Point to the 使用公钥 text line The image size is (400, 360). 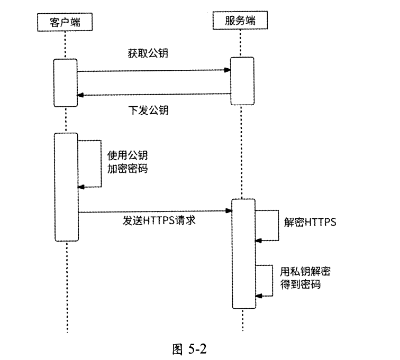click(128, 155)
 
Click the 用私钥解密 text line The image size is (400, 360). click(305, 272)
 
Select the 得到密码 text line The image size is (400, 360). click(301, 284)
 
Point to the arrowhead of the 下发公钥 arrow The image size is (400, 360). click(80, 95)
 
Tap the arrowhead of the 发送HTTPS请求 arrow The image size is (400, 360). click(230, 211)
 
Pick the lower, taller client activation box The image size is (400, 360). click(66, 187)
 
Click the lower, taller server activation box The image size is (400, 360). click(243, 253)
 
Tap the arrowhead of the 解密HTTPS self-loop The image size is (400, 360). click(258, 240)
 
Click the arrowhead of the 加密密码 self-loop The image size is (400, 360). click(80, 187)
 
